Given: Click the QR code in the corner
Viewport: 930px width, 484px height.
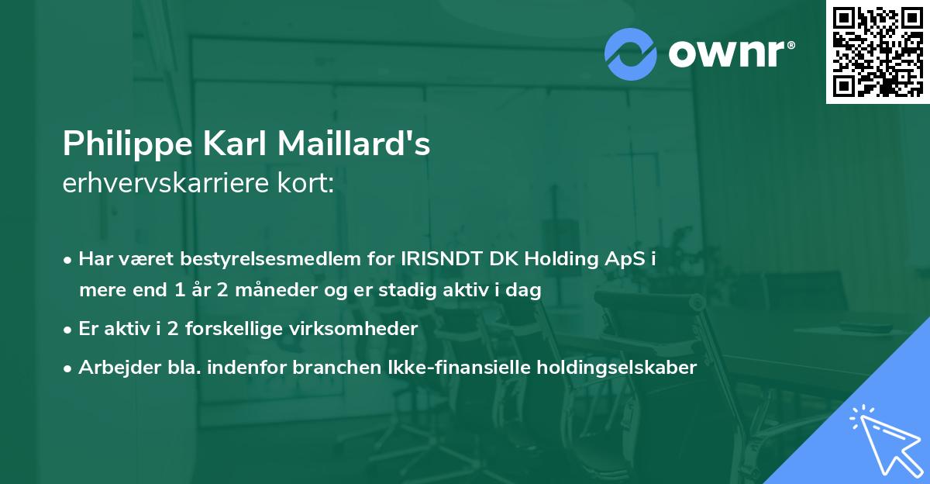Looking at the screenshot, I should point(877,51).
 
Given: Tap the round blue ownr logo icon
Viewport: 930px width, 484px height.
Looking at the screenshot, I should point(631,54).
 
